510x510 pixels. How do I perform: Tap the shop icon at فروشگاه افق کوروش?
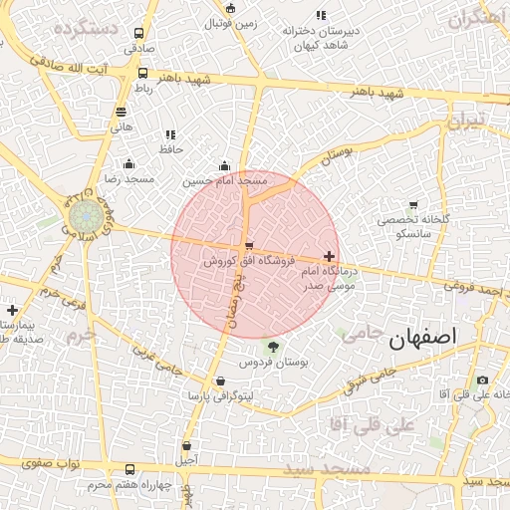click(x=248, y=246)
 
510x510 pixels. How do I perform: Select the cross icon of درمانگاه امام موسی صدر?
click(x=330, y=257)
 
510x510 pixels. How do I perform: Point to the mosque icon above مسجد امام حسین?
click(x=224, y=166)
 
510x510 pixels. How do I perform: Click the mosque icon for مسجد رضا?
click(x=127, y=163)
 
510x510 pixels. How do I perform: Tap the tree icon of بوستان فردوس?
click(x=273, y=346)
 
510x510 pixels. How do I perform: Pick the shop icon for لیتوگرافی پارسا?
click(x=219, y=382)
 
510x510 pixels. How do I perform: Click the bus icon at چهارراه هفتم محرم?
click(x=129, y=470)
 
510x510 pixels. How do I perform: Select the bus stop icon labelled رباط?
click(x=142, y=74)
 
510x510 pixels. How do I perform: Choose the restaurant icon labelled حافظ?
click(x=170, y=134)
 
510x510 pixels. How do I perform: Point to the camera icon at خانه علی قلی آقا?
click(x=483, y=380)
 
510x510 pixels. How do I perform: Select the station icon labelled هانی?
click(x=121, y=112)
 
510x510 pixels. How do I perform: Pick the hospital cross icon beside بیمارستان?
click(x=11, y=310)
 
